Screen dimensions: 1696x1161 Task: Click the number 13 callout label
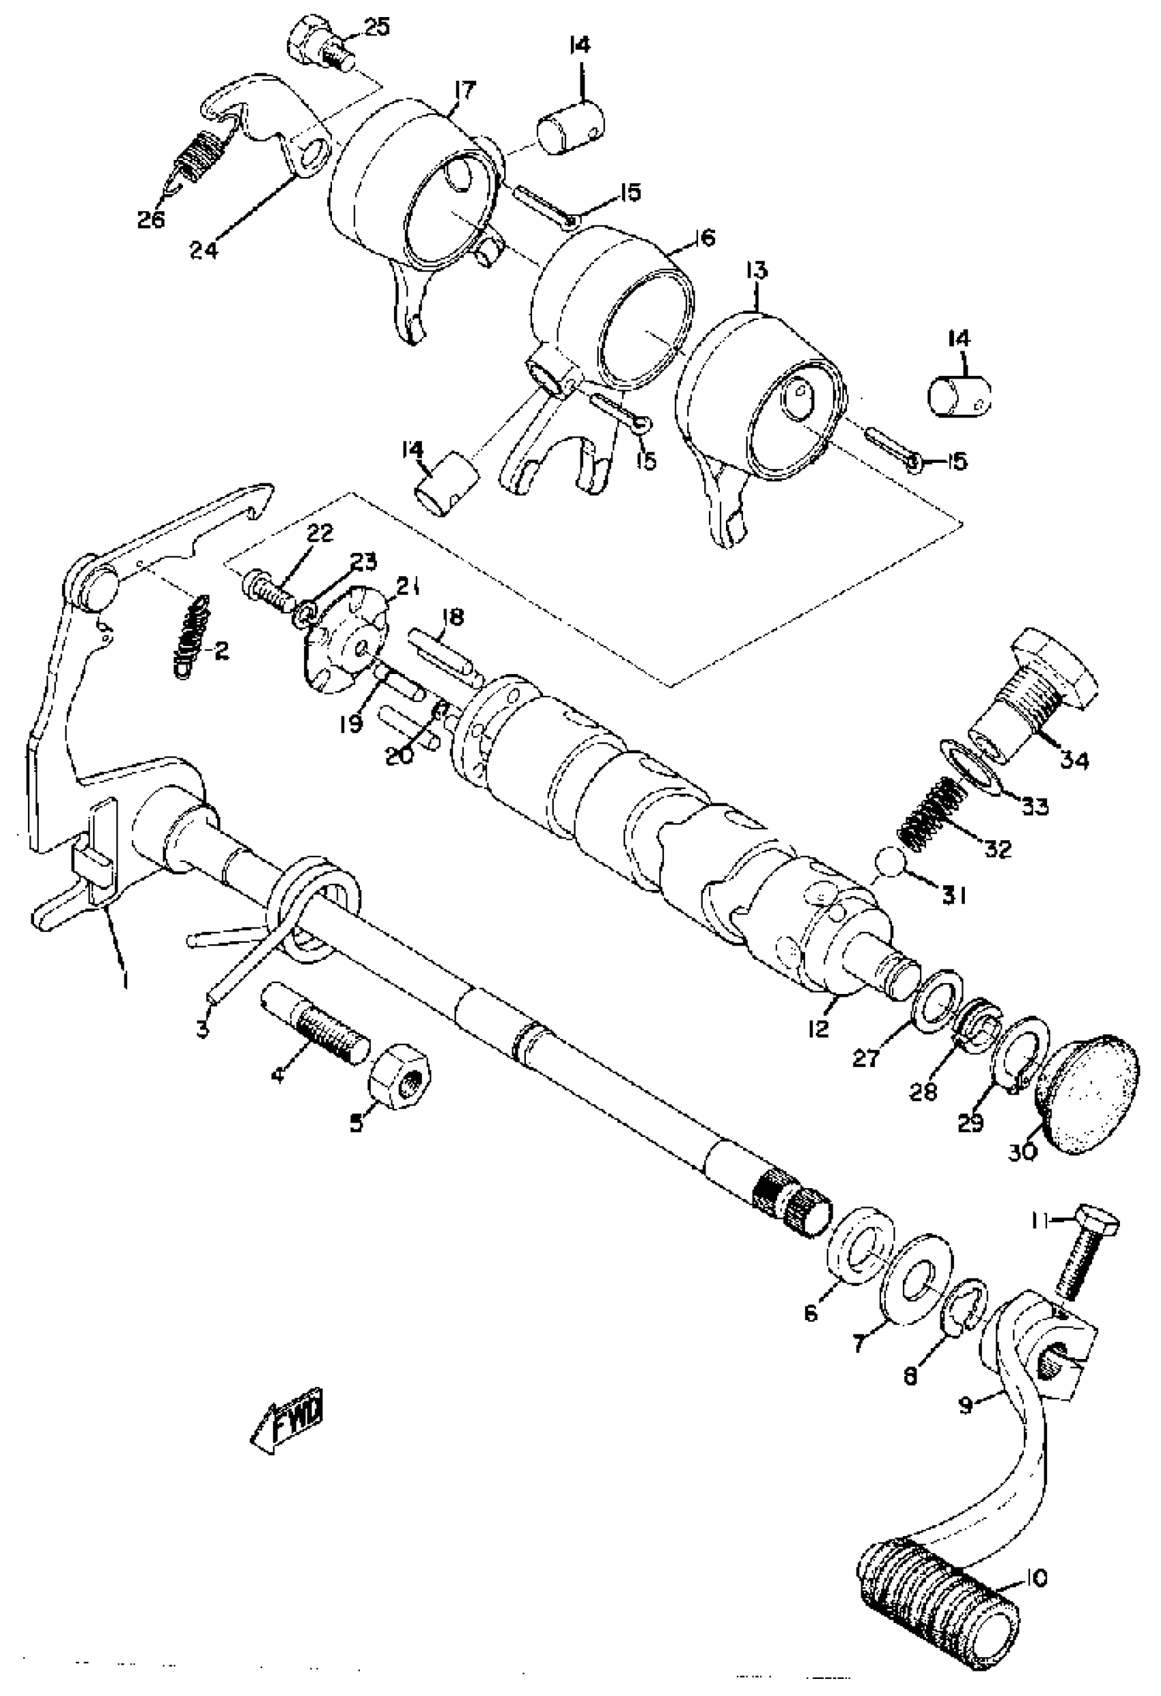(756, 271)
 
